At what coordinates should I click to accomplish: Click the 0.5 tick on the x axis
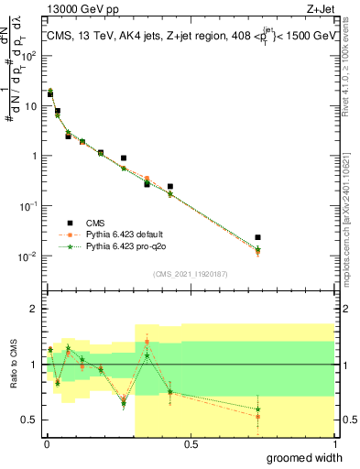[191, 444]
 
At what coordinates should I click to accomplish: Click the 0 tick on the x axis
[45, 444]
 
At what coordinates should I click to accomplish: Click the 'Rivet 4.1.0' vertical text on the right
[346, 82]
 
